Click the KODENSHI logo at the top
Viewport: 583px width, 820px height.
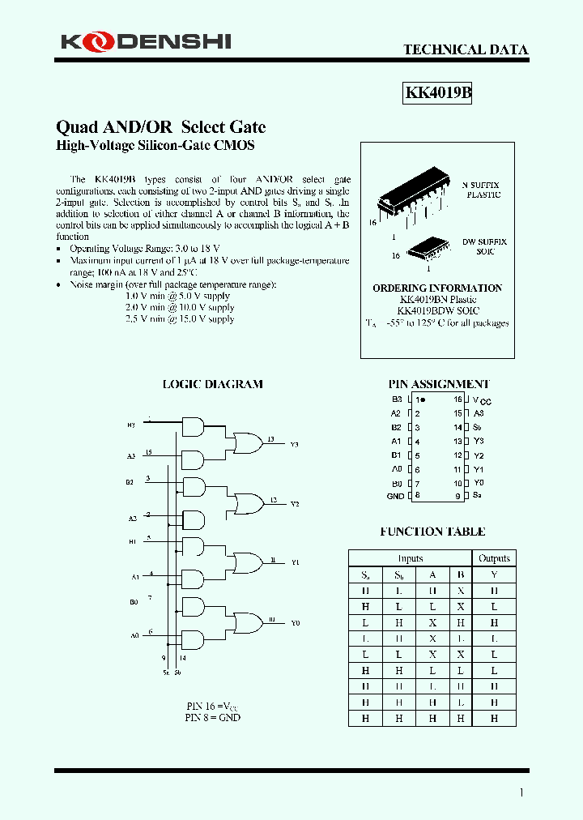coord(143,40)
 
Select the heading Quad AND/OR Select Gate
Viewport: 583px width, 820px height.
coord(160,127)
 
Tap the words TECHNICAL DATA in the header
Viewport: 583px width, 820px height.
coord(466,49)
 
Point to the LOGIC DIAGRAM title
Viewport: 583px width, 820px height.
coord(213,384)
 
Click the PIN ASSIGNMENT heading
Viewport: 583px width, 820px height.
coord(439,384)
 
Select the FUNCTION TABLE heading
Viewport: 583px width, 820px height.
coord(432,532)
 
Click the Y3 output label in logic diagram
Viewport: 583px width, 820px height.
coord(295,444)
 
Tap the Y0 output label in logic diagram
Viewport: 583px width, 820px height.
coord(295,622)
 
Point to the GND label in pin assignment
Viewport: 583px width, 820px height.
coord(395,496)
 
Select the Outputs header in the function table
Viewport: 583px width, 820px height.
coord(494,558)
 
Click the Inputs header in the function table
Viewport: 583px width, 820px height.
coord(411,558)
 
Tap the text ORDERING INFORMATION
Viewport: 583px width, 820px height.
coord(437,288)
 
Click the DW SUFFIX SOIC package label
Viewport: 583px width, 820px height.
coord(485,246)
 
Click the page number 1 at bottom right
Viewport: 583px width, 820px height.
coord(521,792)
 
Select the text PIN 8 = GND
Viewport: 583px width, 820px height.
coord(212,717)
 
